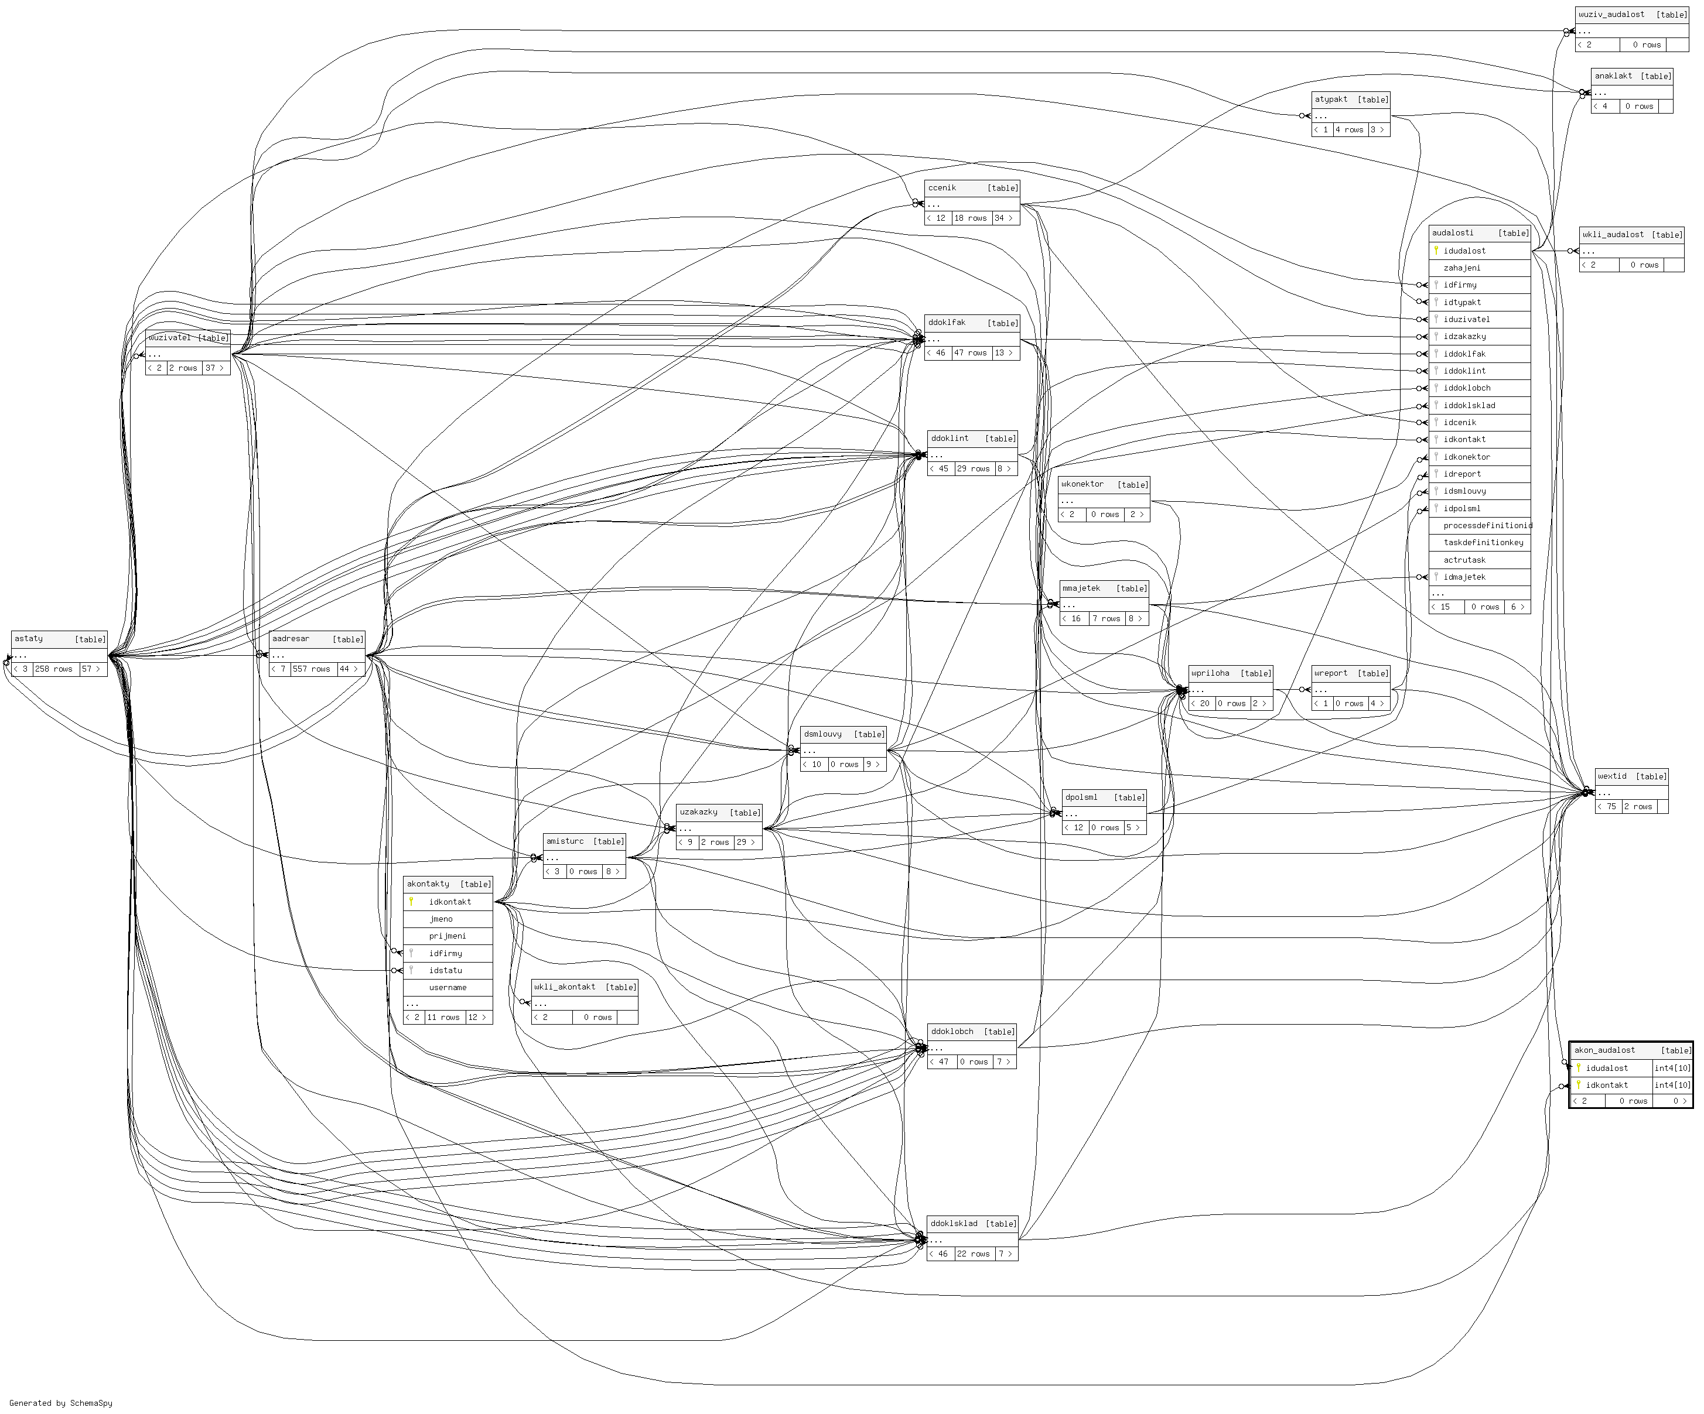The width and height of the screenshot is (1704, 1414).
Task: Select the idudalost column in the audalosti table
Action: click(x=1464, y=251)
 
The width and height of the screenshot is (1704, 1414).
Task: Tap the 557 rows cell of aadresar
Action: click(x=312, y=669)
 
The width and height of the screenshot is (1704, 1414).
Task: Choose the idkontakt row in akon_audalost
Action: click(x=1607, y=1086)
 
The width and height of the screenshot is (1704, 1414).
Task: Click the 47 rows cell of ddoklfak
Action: click(x=971, y=353)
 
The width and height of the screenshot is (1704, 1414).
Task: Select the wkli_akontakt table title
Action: click(x=565, y=987)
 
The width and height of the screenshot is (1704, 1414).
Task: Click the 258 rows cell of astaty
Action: click(x=53, y=669)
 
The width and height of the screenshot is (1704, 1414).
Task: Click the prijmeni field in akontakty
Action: click(x=448, y=936)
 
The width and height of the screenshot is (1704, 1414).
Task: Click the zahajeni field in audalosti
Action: click(x=1462, y=268)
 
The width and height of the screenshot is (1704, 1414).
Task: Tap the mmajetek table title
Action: click(x=1081, y=589)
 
